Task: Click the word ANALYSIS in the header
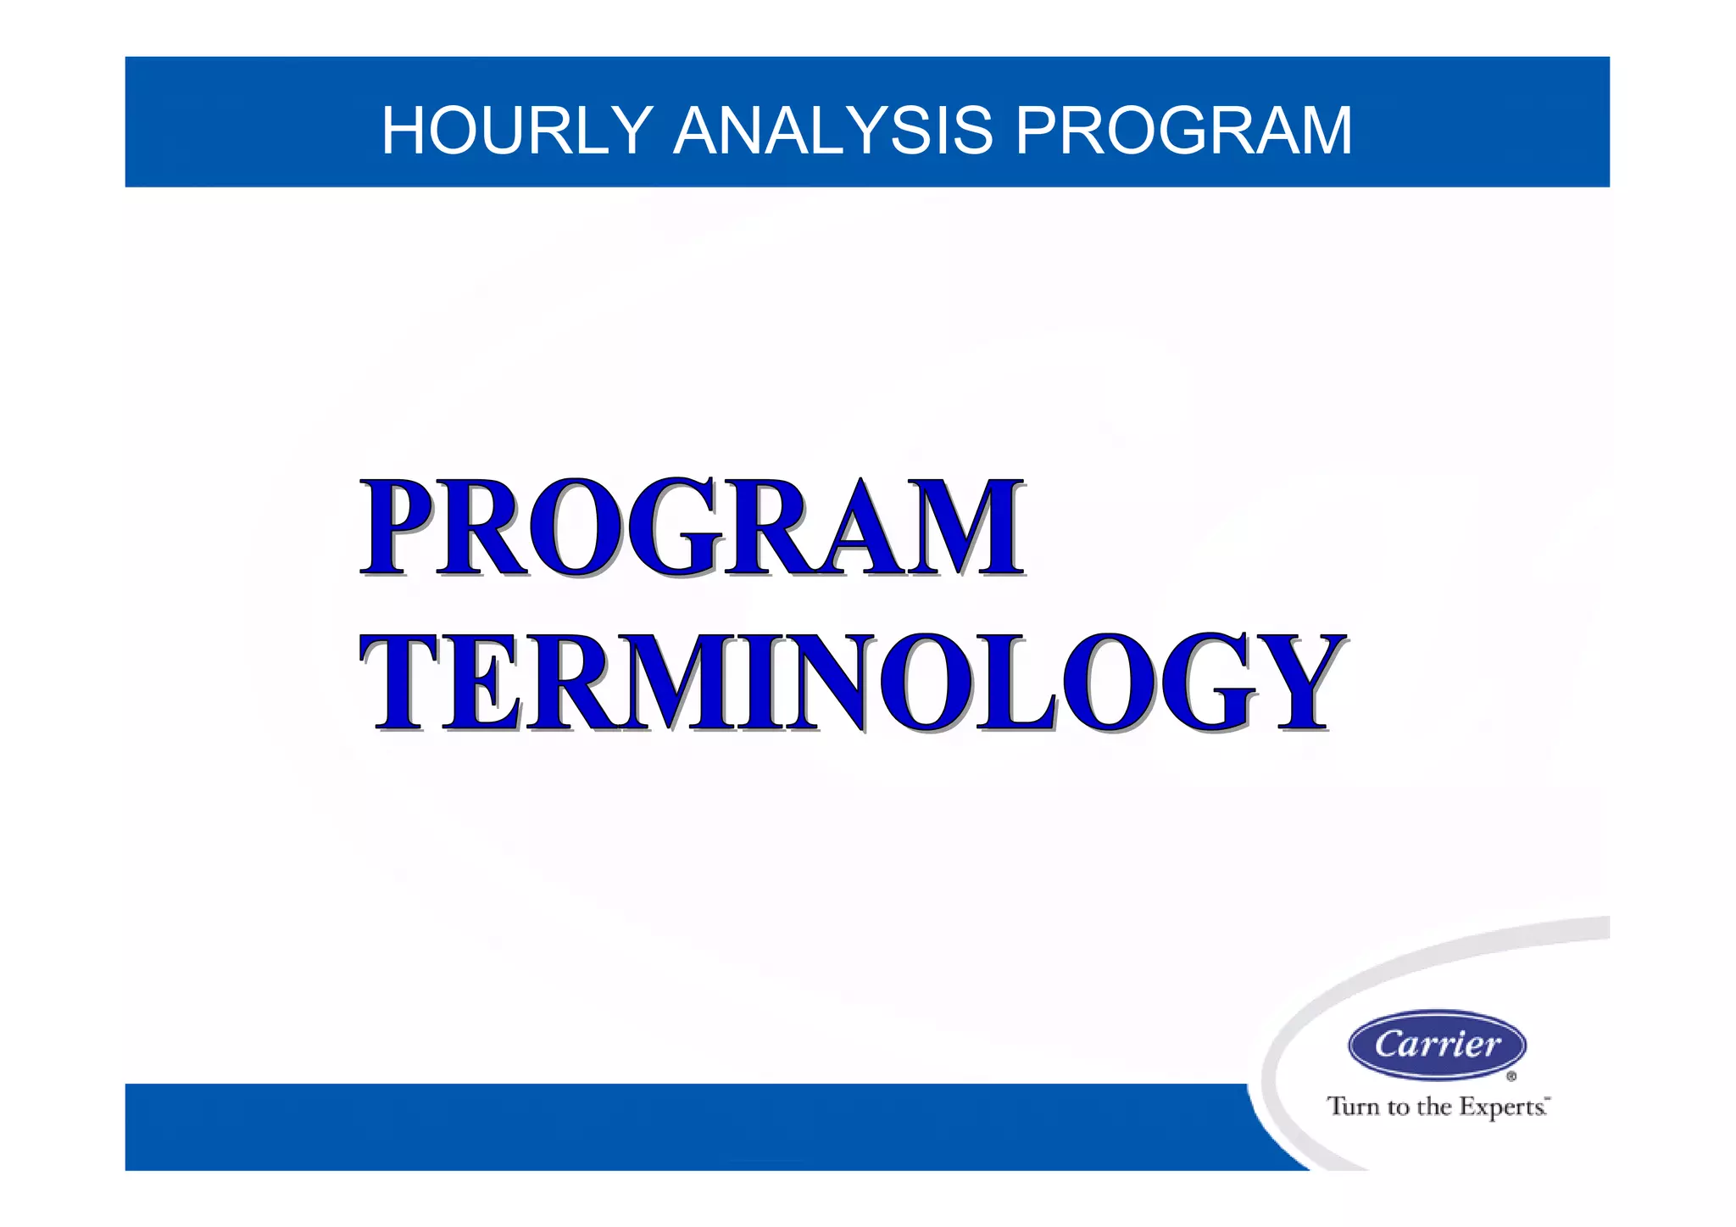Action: tap(832, 131)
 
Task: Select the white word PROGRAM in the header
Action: tap(1183, 131)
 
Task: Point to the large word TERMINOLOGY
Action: tap(852, 683)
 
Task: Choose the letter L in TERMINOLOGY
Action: tap(1013, 683)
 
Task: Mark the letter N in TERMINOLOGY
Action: tap(826, 683)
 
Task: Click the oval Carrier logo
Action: tap(1437, 1045)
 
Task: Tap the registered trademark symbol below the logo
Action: tap(1511, 1077)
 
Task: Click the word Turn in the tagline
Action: tap(1354, 1107)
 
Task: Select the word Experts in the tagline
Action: tap(1501, 1107)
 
